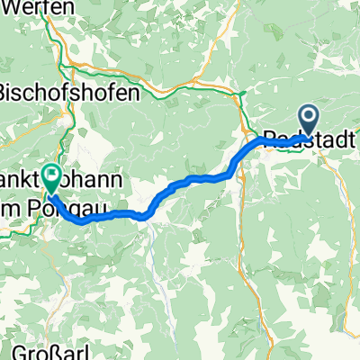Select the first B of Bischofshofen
5,93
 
